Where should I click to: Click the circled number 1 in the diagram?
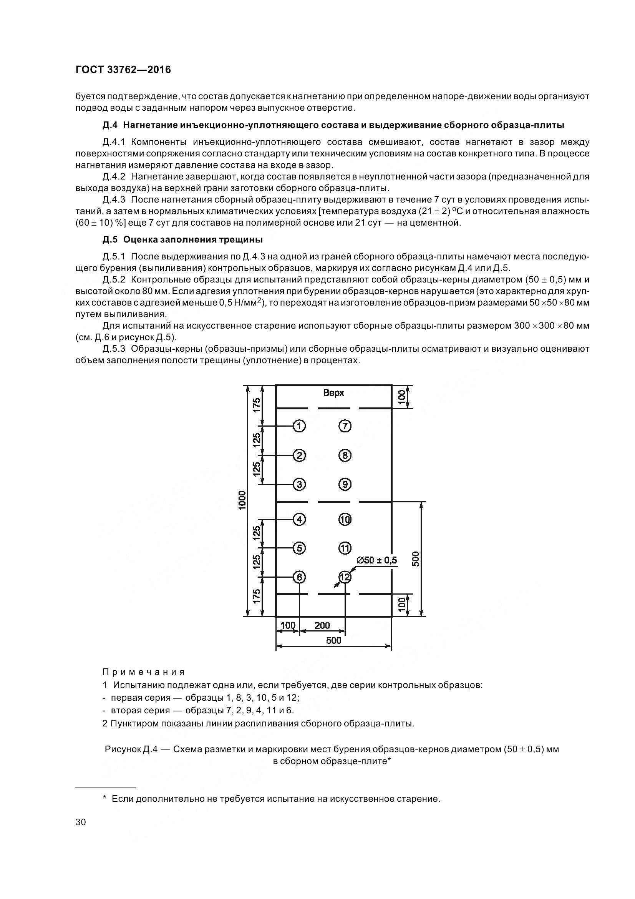point(299,425)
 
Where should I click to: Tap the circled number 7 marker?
point(345,425)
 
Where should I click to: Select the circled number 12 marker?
point(345,577)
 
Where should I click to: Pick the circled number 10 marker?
point(345,519)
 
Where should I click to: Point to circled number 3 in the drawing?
point(299,484)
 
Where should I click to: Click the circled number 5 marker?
point(299,548)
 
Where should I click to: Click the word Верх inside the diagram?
point(333,393)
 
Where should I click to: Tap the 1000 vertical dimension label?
point(242,500)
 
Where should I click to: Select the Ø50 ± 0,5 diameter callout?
point(376,560)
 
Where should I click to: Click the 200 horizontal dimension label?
point(322,625)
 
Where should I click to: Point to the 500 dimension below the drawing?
point(333,640)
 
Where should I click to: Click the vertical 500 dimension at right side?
point(416,559)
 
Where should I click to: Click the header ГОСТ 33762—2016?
point(123,70)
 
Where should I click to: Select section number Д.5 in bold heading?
point(110,239)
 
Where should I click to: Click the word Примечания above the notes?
point(143,672)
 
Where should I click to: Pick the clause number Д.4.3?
point(114,200)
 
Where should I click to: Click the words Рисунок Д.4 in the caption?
point(131,749)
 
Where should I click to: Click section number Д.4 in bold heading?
point(110,125)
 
